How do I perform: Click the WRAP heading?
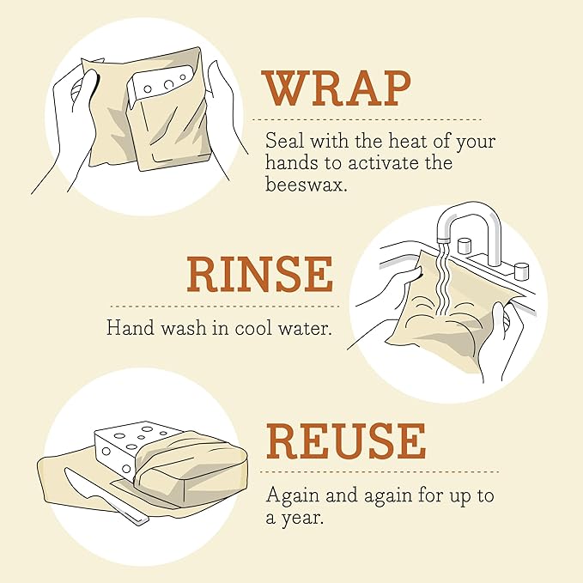coord(337,88)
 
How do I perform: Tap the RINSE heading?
coord(259,275)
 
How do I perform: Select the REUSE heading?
coord(345,441)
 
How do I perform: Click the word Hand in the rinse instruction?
coord(125,328)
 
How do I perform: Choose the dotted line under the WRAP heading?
coord(371,119)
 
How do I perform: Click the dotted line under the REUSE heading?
coord(381,471)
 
